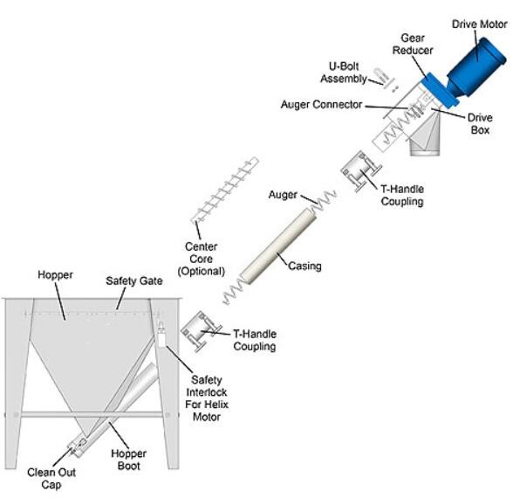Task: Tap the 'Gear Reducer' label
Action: coord(413,45)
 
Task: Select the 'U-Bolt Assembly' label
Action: coord(344,73)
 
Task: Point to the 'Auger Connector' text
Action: coord(321,105)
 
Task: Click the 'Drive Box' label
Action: coord(480,124)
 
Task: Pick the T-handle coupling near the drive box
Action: coord(361,171)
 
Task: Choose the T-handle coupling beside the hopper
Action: coord(202,331)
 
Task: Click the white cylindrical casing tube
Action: coord(278,246)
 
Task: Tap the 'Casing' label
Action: coord(304,266)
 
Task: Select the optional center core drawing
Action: coord(225,190)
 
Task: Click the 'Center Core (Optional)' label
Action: coord(201,259)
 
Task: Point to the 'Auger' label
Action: coord(283,195)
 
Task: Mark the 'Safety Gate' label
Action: coord(134,280)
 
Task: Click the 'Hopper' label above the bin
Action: coord(55,275)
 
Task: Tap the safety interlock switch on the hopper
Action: coord(161,334)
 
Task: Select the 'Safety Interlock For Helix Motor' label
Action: coord(207,398)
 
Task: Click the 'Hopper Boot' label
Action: coord(128,460)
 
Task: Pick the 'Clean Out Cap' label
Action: coord(51,479)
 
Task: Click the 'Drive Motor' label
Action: coord(480,24)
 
